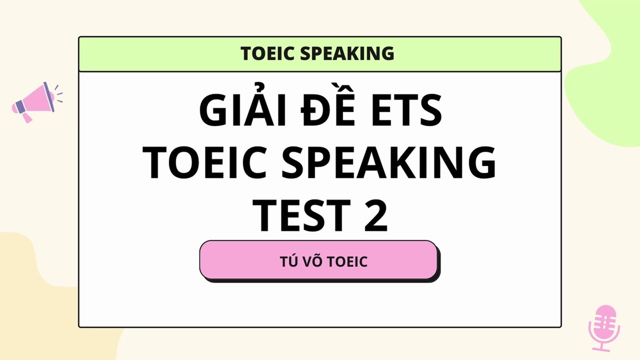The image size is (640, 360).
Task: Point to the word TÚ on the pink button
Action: pyautogui.click(x=287, y=261)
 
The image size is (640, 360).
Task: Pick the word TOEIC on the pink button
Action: pyautogui.click(x=347, y=261)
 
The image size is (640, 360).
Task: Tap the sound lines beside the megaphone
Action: pyautogui.click(x=58, y=93)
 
